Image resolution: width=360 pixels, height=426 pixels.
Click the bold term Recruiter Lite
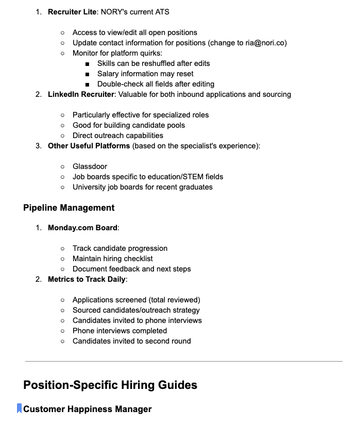(x=72, y=12)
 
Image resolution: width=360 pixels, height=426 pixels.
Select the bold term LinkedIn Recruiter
(x=81, y=94)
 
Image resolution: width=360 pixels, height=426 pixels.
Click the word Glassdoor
(x=90, y=166)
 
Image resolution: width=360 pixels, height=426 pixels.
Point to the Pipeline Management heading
(x=68, y=208)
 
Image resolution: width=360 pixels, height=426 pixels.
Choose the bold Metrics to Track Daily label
(x=87, y=279)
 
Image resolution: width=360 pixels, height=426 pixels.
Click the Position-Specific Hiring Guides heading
(x=110, y=385)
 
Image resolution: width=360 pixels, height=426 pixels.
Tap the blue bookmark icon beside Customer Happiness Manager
(x=20, y=409)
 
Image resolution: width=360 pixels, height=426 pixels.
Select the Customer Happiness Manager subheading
(x=88, y=409)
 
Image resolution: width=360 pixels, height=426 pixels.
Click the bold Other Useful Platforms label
(x=89, y=146)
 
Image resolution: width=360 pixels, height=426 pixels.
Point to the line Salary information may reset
(x=145, y=74)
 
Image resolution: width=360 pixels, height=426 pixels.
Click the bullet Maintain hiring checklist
(x=112, y=259)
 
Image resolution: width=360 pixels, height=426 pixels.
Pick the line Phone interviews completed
(x=119, y=331)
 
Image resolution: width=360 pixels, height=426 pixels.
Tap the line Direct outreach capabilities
(x=117, y=135)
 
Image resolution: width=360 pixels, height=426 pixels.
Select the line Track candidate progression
(x=119, y=248)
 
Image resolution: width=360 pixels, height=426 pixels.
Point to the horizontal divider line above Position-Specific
(x=183, y=362)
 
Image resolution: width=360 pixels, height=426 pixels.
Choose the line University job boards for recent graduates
(x=142, y=187)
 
